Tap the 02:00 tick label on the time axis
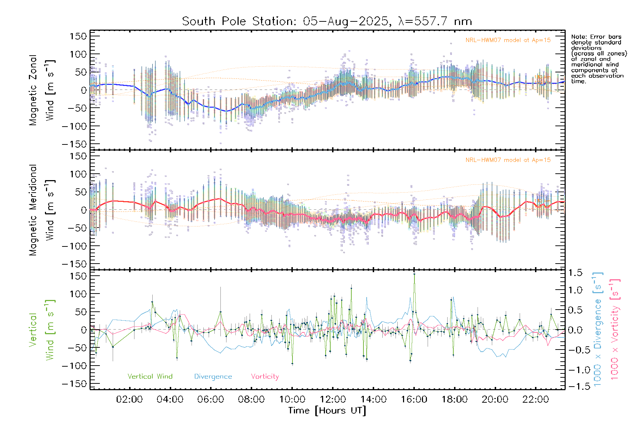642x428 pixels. [x=129, y=399]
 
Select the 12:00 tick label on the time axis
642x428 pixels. [x=332, y=399]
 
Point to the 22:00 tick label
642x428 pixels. [x=535, y=399]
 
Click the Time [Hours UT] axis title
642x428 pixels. [x=327, y=411]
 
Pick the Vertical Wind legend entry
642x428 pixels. [x=150, y=377]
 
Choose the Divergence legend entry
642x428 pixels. [x=213, y=377]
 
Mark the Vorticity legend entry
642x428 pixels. [x=265, y=377]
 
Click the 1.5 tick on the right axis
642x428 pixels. [x=575, y=273]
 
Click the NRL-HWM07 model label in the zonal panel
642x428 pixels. [x=508, y=40]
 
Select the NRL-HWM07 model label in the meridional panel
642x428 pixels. [x=508, y=160]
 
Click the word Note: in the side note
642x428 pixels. [x=579, y=37]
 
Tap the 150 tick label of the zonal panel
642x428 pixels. [x=78, y=36]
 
